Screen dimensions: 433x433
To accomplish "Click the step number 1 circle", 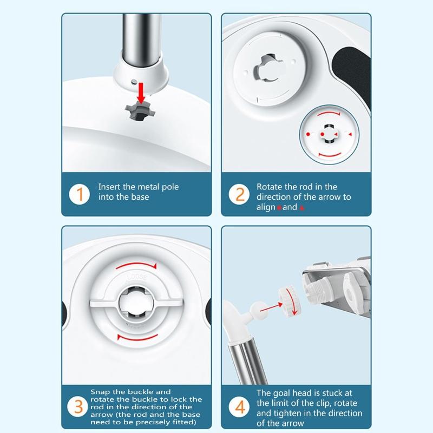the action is tap(79, 194).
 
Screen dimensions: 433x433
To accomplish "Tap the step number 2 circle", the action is tap(239, 194).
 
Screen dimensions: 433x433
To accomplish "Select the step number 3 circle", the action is tap(78, 406).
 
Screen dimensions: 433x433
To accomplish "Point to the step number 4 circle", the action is tap(239, 406).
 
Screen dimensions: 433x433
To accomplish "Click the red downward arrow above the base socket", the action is tap(141, 93).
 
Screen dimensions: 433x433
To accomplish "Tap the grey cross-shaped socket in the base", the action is tap(140, 111).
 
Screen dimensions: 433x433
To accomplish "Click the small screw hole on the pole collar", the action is tap(134, 82).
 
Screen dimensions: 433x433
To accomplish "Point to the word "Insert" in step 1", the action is tap(109, 187).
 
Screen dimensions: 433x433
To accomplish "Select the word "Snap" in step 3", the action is tap(100, 392).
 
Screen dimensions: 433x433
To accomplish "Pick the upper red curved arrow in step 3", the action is tap(136, 266).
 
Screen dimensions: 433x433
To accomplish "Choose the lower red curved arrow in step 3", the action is tap(137, 338).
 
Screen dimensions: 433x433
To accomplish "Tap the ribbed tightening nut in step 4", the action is tap(289, 303).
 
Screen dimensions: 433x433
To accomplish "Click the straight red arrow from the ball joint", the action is tap(271, 307).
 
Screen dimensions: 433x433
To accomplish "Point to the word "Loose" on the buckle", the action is tap(137, 277).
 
